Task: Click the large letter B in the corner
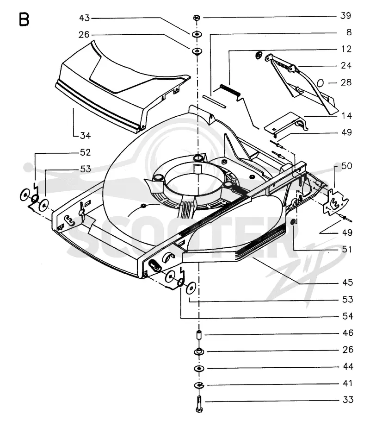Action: (x=24, y=19)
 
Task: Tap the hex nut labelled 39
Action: (x=197, y=18)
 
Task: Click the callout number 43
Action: (x=84, y=18)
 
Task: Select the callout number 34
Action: (x=86, y=135)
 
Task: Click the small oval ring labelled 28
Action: (x=321, y=82)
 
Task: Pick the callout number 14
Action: (x=346, y=116)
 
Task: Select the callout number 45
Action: (x=348, y=283)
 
